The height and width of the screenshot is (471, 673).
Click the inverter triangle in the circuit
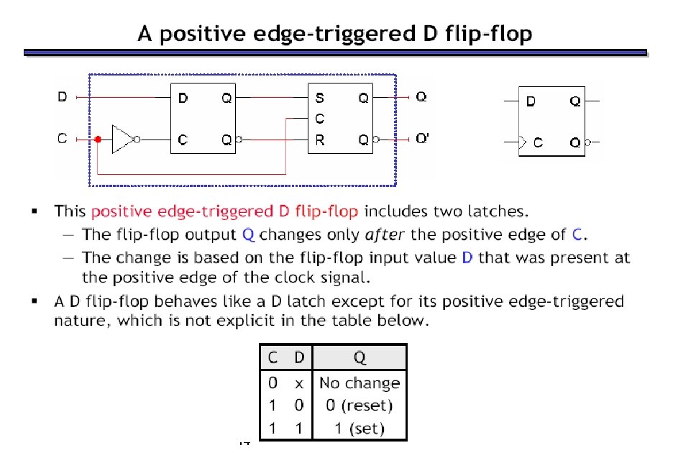[x=124, y=139]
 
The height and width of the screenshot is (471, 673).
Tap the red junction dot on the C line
[x=98, y=140]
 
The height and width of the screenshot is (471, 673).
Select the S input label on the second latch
[x=320, y=98]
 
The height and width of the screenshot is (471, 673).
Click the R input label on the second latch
[x=320, y=140]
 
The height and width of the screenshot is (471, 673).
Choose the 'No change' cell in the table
[x=360, y=383]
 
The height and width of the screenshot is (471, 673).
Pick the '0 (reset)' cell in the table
[x=360, y=406]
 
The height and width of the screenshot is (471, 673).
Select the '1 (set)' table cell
[x=360, y=429]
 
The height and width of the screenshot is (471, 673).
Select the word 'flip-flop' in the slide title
[x=495, y=35]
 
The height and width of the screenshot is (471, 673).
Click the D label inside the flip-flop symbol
[x=531, y=101]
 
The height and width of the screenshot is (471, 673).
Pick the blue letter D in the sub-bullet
[x=467, y=257]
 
